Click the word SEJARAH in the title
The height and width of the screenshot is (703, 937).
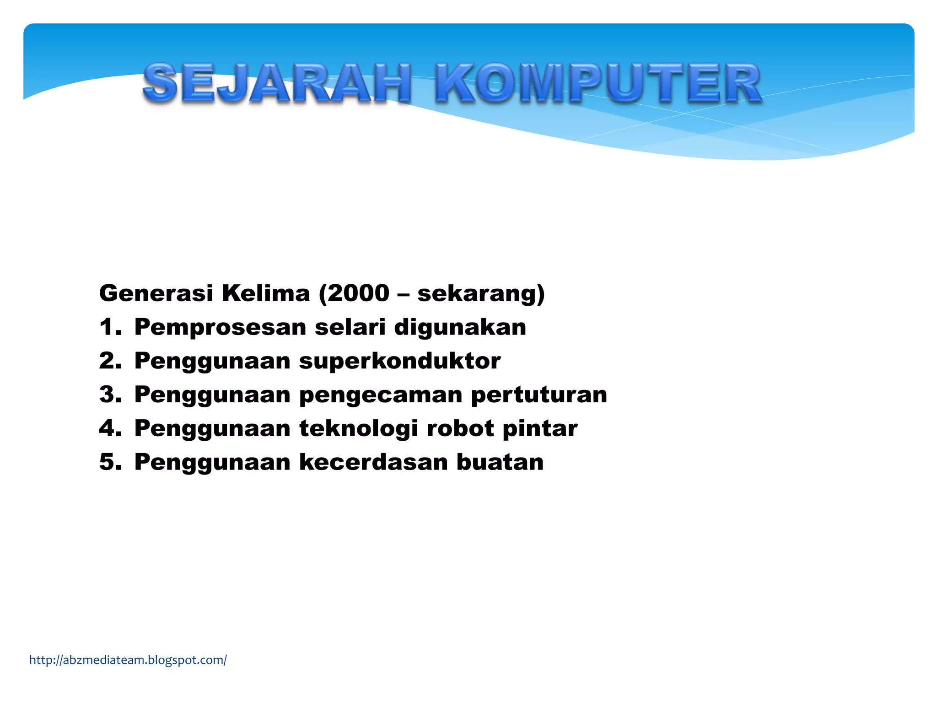pos(277,83)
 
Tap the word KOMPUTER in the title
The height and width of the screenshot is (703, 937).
pos(598,83)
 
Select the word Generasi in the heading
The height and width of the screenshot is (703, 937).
pos(156,293)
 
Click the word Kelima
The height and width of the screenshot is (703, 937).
pos(266,293)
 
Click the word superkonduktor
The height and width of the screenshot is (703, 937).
pos(400,361)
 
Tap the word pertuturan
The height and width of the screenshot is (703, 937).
pos(539,395)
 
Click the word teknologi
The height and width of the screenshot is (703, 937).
pos(359,429)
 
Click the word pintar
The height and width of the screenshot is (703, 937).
pos(540,429)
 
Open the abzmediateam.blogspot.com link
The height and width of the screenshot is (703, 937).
pos(128,660)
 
